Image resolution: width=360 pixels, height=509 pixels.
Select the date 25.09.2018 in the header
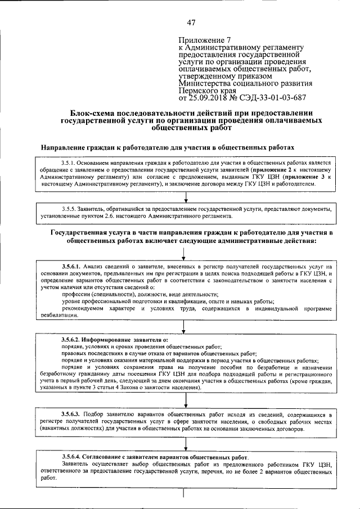[209, 97]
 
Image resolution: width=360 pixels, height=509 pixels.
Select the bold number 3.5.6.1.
[72, 265]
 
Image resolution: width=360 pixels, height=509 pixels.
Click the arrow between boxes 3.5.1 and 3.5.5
[185, 196]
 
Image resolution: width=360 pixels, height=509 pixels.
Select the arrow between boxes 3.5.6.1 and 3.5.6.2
[185, 327]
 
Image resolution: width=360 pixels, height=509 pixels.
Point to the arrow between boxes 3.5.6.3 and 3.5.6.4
[185, 443]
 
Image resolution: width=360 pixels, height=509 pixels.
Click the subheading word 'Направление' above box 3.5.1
[67, 146]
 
